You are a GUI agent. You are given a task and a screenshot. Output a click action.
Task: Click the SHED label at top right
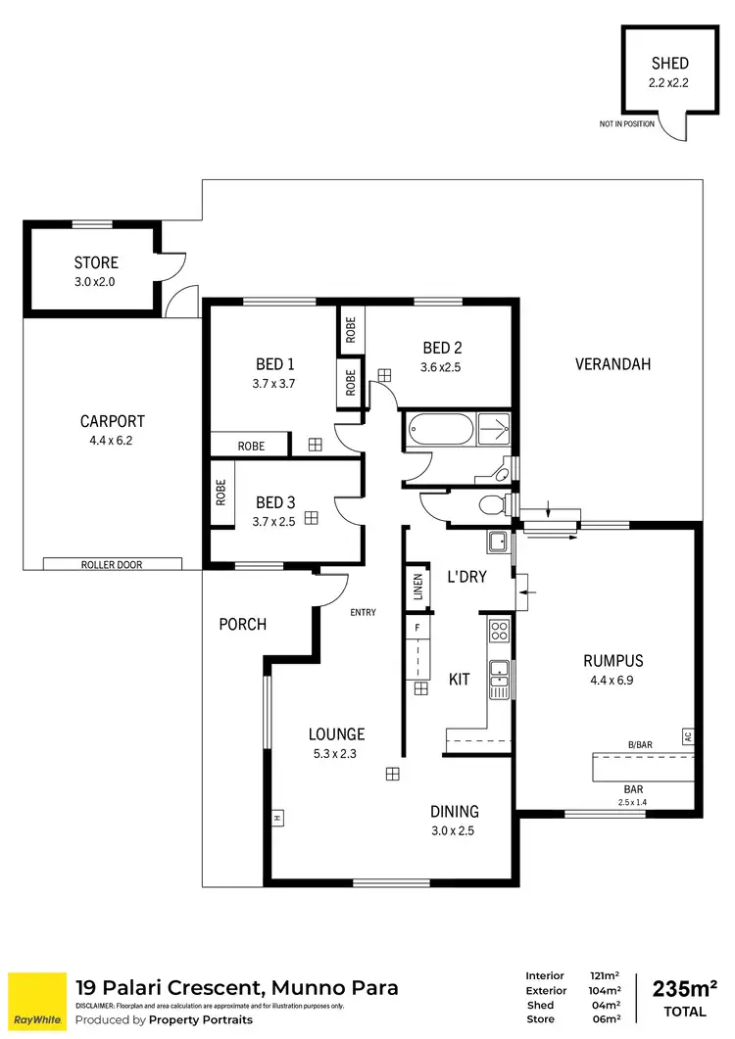[x=669, y=64]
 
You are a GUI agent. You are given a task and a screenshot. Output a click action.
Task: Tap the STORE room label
[x=96, y=262]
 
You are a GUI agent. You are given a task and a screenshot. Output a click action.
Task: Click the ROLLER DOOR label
[x=113, y=564]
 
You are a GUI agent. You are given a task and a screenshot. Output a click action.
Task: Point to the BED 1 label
[x=269, y=364]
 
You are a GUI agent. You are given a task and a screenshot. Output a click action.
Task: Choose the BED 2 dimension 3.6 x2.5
[x=441, y=367]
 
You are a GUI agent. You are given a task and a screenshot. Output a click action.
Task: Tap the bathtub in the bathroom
[x=440, y=431]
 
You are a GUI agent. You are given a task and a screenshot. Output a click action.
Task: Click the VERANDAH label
[x=612, y=364]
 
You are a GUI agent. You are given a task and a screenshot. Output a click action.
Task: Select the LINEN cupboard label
[x=418, y=589]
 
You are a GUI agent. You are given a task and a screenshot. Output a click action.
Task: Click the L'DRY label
[x=466, y=577]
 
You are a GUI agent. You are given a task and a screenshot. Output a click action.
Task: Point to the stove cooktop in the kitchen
[x=499, y=631]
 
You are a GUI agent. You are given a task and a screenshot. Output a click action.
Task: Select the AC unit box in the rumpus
[x=688, y=735]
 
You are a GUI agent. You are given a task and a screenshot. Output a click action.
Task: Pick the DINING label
[x=455, y=811]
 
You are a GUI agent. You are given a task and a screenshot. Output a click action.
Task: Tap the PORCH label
[x=242, y=624]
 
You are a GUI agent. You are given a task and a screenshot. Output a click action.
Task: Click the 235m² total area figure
[x=677, y=987]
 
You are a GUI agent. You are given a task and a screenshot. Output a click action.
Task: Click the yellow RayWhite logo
[x=36, y=1002]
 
